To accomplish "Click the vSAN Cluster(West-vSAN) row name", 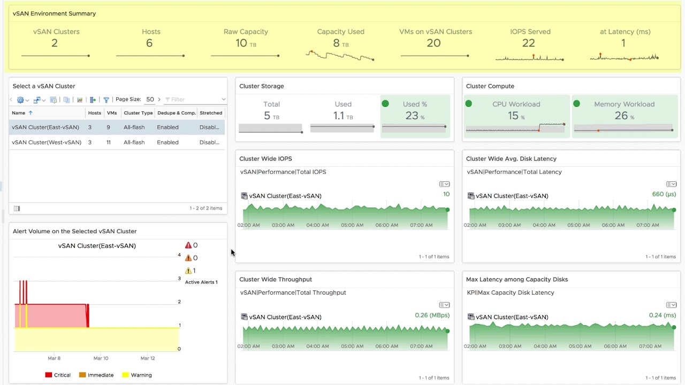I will (47, 142).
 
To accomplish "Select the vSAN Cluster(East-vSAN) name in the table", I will (45, 127).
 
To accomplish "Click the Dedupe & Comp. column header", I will (176, 113).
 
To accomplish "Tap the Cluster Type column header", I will (138, 113).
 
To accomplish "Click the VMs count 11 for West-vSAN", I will (109, 142).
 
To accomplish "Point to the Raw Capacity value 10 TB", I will (245, 43).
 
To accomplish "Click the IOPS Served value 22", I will (528, 43).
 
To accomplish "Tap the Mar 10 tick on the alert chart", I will (101, 358).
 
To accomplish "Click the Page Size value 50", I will (150, 99).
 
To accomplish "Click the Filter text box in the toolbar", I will (194, 99).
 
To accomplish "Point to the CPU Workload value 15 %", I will (515, 116).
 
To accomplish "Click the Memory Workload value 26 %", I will (623, 116).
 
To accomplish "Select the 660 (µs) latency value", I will (664, 194).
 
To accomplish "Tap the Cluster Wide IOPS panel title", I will (265, 159).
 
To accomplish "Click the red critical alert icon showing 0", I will (188, 245).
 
